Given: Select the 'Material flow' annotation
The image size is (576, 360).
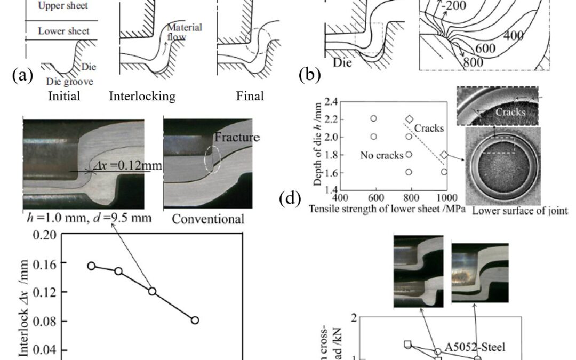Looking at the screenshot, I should pos(184,31).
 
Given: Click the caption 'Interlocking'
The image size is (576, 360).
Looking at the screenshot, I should pos(142,97).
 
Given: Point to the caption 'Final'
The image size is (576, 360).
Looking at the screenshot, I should pos(250,97).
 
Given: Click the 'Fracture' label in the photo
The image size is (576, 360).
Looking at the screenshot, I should pos(237,137).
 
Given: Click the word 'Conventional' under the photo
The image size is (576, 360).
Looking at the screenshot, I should pos(209,219).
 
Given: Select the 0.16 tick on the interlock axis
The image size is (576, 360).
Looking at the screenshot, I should pos(46,263).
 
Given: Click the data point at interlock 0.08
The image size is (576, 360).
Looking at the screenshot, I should pos(195,320).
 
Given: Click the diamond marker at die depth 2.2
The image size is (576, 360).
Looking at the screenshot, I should pos(410,118).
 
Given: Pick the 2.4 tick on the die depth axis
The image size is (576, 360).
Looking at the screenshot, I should pos(331,101).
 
